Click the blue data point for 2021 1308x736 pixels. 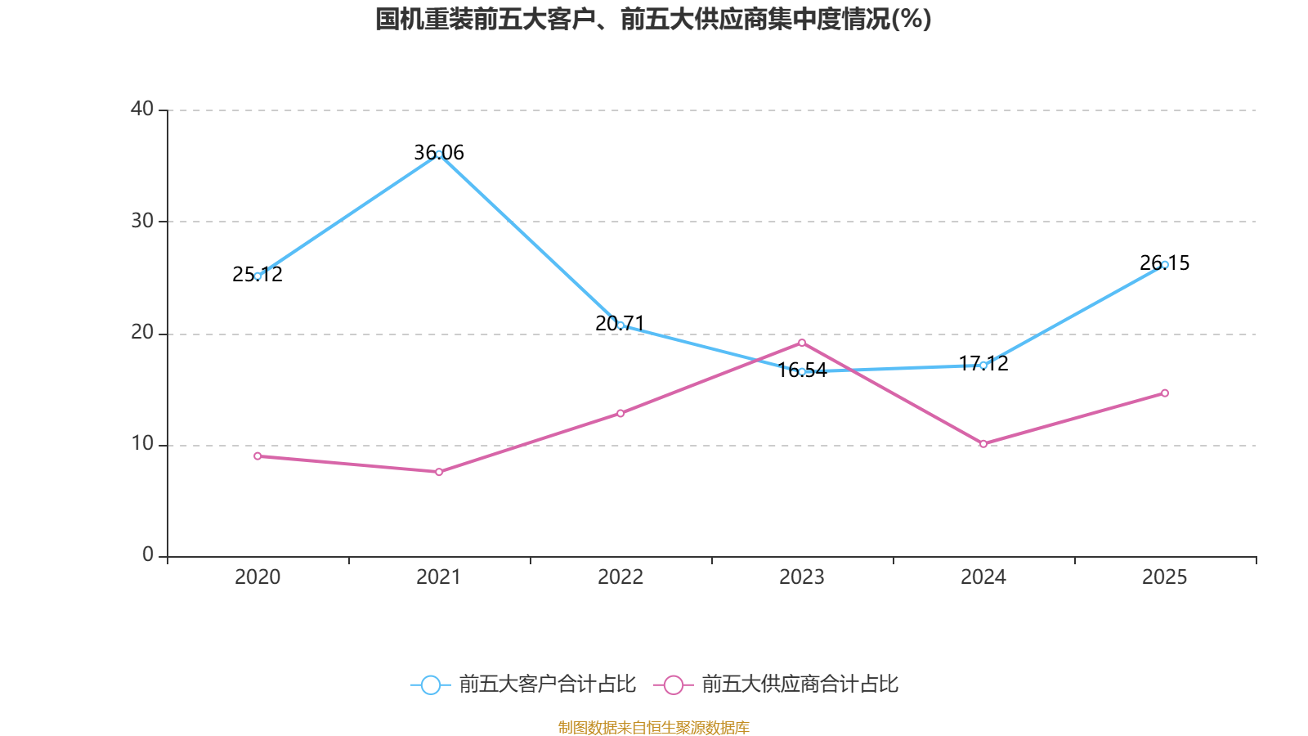tap(439, 154)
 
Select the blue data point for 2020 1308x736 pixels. tap(258, 276)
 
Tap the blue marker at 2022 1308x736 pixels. tap(620, 325)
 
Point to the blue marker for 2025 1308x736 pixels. tap(1165, 264)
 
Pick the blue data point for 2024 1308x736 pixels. tap(983, 365)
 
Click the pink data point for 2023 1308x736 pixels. tap(802, 343)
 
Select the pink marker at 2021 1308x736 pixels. tap(439, 472)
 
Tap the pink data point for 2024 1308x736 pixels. tap(983, 443)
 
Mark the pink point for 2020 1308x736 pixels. tap(258, 456)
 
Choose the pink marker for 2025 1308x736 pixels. tap(1165, 393)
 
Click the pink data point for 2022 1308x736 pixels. tap(620, 413)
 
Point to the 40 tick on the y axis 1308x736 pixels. tap(142, 109)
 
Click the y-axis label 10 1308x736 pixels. tap(142, 444)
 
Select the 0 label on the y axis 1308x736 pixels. tap(148, 555)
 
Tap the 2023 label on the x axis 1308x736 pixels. tap(802, 577)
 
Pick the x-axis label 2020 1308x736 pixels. tap(258, 577)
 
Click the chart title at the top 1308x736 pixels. tap(653, 20)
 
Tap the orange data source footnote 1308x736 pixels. tap(653, 727)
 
